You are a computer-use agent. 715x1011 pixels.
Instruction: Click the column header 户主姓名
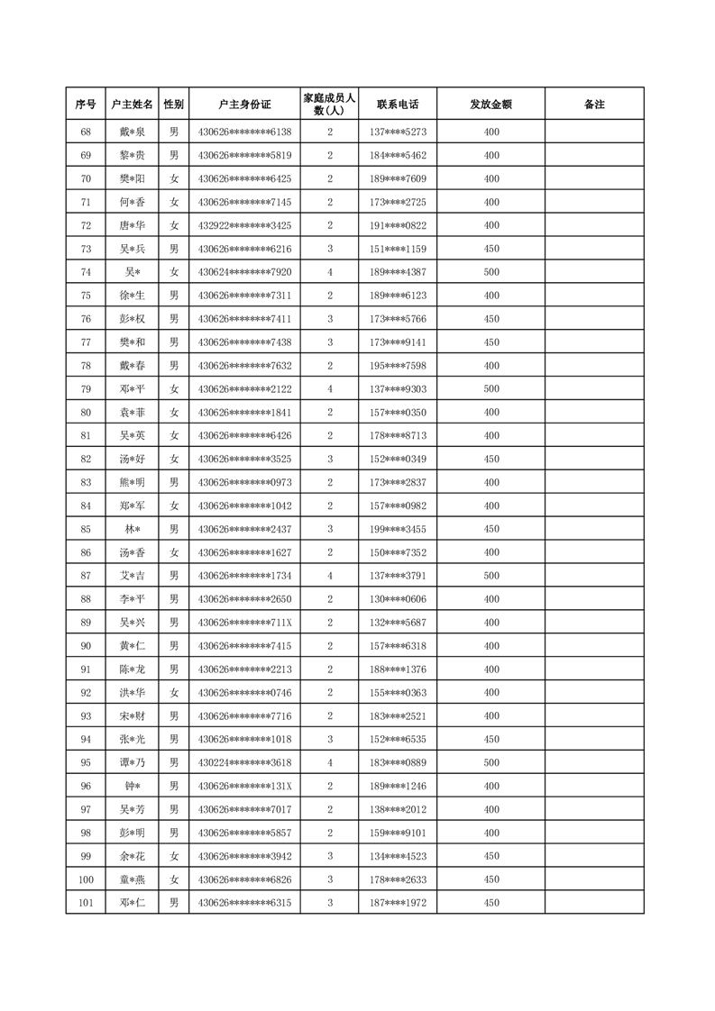point(132,105)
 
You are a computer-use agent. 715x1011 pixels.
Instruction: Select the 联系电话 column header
point(398,105)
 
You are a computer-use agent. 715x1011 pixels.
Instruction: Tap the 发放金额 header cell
point(490,105)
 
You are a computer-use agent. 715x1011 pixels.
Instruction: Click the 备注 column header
point(594,105)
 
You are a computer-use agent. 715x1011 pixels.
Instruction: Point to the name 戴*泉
point(132,132)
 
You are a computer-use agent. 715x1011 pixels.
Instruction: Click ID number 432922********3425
point(244,225)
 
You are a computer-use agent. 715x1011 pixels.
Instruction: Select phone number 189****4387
point(398,272)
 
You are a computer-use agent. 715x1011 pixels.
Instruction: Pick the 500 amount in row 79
point(490,389)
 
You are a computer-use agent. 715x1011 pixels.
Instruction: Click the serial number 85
point(86,529)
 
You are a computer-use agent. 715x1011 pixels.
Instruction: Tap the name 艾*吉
point(132,576)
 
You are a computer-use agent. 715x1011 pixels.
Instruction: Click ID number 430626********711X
point(244,623)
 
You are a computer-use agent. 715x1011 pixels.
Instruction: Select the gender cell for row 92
point(174,693)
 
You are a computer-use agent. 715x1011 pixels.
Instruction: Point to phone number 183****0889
point(398,762)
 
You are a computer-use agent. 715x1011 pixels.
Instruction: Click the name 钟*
point(132,786)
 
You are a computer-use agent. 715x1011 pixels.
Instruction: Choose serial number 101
point(86,903)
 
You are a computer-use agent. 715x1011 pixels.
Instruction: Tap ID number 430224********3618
point(244,762)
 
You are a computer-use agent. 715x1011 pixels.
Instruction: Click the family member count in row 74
point(330,272)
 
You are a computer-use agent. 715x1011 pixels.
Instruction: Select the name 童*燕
point(132,879)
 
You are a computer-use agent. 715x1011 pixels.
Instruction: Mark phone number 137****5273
point(398,132)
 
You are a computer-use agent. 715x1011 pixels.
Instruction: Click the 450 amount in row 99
point(490,856)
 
